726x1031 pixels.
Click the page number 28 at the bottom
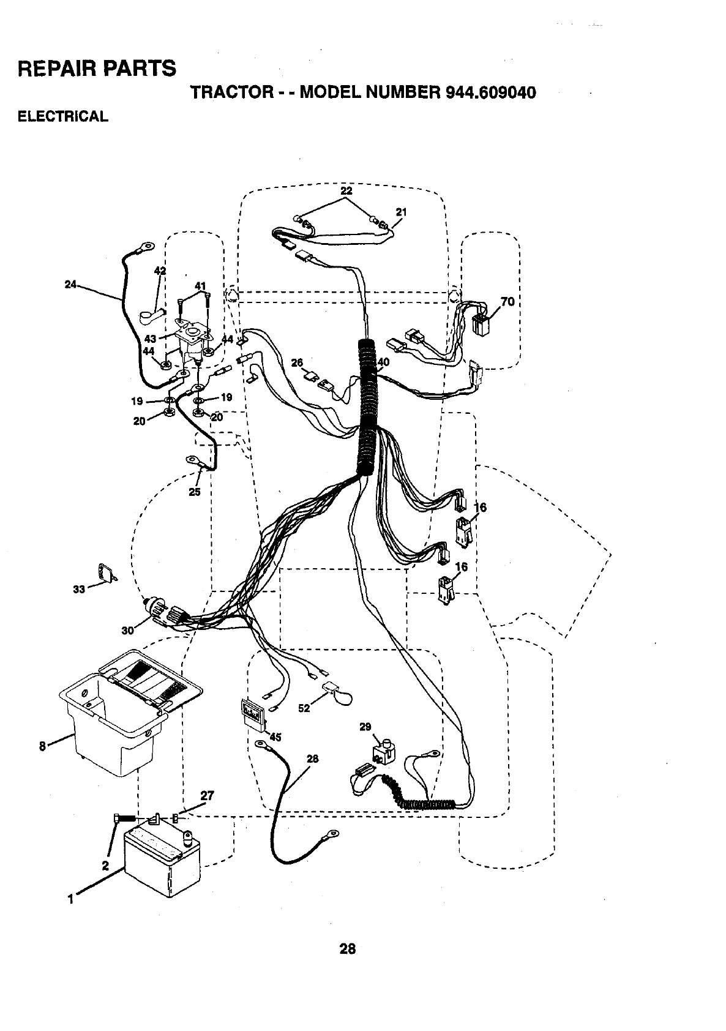click(347, 950)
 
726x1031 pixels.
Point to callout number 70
click(507, 302)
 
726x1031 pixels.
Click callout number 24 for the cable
click(71, 283)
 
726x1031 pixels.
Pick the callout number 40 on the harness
click(383, 362)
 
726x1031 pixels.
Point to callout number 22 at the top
click(346, 190)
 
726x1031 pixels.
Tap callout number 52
click(304, 708)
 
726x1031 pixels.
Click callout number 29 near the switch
click(365, 727)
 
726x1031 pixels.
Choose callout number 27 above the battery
click(207, 796)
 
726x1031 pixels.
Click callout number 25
click(195, 491)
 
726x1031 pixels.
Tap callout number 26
click(298, 363)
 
